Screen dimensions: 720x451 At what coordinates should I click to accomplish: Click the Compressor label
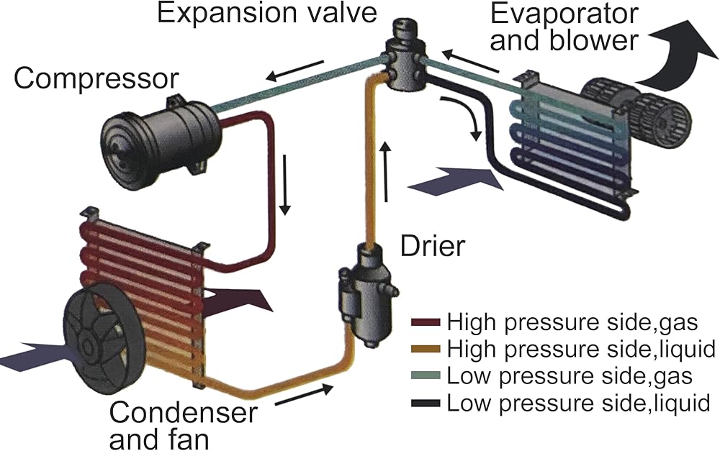(96, 80)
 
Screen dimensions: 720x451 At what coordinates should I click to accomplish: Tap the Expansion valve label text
(267, 12)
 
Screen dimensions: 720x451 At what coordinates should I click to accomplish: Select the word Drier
(433, 246)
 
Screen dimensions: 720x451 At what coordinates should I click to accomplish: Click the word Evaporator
(564, 14)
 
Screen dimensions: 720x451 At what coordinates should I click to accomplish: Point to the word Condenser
(183, 411)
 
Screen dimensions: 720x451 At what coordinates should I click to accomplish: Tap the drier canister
(367, 293)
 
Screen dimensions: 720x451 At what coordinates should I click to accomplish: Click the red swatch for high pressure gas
(426, 322)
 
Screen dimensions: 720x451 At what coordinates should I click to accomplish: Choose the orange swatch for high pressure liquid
(426, 349)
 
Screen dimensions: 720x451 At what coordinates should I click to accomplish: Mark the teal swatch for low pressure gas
(426, 375)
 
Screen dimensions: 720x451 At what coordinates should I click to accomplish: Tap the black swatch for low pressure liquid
(426, 403)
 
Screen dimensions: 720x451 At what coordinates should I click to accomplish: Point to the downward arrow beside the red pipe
(285, 185)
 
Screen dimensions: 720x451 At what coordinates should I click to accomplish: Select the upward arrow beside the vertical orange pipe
(386, 172)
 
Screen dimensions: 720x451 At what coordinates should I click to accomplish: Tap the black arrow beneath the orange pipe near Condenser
(304, 396)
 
